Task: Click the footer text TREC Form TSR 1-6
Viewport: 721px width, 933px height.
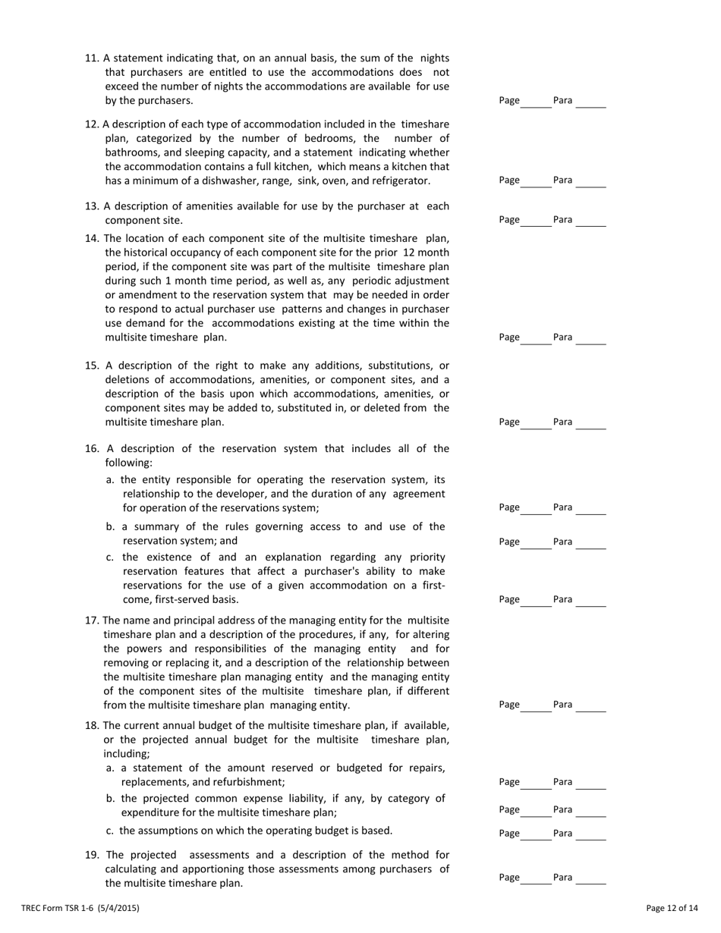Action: [x=80, y=908]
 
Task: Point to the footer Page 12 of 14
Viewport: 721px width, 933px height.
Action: [x=672, y=908]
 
